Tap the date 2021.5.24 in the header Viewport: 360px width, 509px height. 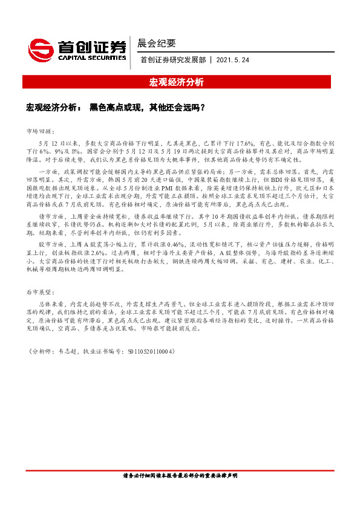[x=233, y=60]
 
